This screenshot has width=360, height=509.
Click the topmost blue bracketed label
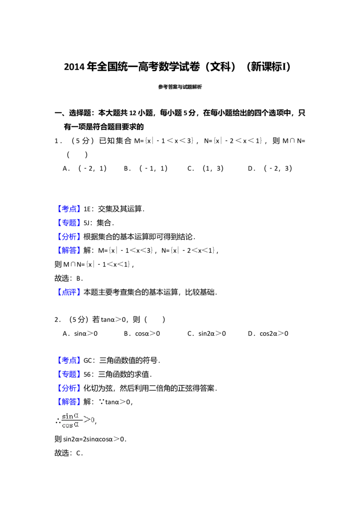pos(70,210)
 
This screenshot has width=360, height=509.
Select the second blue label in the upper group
pos(70,223)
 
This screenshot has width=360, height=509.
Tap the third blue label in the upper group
pos(70,236)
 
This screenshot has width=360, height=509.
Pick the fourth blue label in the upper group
pos(70,250)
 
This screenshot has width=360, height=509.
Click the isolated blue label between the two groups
pos(70,293)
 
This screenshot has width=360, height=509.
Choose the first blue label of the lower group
pos(70,361)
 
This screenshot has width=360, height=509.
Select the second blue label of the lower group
pos(70,374)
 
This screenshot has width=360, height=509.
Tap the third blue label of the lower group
pos(70,388)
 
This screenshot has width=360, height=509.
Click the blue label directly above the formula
pos(70,401)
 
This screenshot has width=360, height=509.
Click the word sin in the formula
pos(67,416)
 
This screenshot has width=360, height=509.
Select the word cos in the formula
pos(67,425)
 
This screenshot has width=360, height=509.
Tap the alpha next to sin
pos(76,416)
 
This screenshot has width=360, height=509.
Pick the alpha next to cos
pos(76,425)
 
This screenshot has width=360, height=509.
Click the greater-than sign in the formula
pos(87,420)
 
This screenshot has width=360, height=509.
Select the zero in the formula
pos(92,420)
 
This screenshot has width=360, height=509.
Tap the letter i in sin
pos(67,416)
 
